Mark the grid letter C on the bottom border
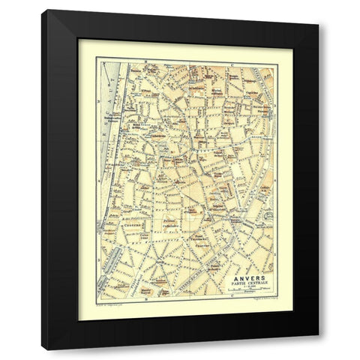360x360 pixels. pos(233,298)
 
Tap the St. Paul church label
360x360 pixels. pos(149,91)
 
